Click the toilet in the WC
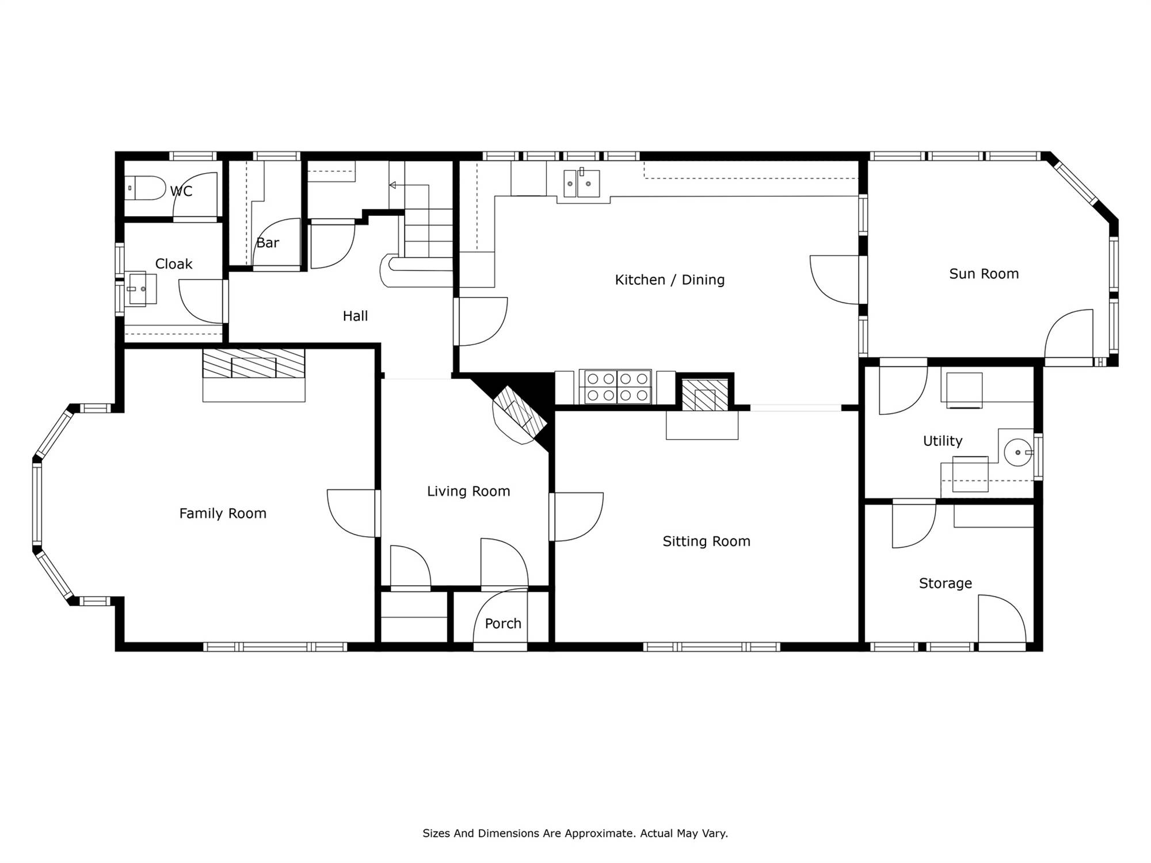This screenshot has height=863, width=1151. (x=145, y=188)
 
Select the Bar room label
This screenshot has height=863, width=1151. (x=268, y=243)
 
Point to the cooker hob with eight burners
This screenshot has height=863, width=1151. (x=615, y=386)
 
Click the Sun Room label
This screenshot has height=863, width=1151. (x=984, y=274)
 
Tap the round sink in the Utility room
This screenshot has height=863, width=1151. (x=1018, y=452)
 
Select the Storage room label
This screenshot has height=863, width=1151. (x=945, y=583)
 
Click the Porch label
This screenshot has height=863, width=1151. (x=503, y=624)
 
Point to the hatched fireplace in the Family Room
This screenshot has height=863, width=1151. (x=254, y=363)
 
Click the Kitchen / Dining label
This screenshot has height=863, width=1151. (x=669, y=280)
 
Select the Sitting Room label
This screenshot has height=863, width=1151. (x=706, y=541)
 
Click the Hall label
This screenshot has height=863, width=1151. (x=355, y=316)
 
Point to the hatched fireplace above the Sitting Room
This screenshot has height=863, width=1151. (x=705, y=394)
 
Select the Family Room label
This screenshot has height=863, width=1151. (x=223, y=513)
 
